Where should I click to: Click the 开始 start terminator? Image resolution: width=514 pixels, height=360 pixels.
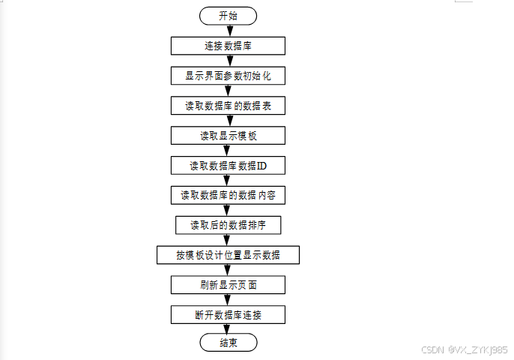228,16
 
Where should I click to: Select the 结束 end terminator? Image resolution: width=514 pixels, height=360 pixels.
228,343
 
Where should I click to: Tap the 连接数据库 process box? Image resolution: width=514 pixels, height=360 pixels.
228,46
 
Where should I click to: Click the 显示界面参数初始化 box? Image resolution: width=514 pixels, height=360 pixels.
228,76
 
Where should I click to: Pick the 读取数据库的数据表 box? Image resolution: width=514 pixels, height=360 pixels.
228,106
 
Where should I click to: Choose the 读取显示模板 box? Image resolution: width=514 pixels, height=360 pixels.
228,136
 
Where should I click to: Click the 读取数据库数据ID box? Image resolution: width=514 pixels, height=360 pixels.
228,166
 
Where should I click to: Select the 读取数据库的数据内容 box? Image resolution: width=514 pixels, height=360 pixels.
228,195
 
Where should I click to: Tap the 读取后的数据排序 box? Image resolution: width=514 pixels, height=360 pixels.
228,225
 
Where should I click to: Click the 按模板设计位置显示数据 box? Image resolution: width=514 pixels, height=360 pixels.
228,255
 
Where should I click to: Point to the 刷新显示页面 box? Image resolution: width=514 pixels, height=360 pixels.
228,285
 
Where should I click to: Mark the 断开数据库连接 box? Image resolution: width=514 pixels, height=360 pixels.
228,314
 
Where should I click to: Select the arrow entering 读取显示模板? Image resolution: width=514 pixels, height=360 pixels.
228,121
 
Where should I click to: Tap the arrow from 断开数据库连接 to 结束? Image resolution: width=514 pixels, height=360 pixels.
228,328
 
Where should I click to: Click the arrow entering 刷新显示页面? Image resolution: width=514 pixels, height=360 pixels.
228,270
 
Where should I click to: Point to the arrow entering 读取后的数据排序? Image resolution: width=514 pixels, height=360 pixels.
228,210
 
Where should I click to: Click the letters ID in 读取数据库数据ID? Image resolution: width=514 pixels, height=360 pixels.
261,166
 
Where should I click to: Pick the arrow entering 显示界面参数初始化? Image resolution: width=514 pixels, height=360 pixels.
228,61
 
